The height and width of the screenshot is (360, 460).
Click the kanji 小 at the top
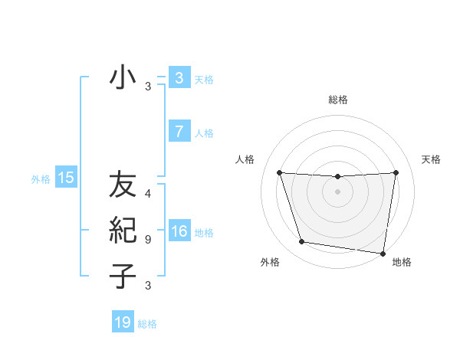pyautogui.click(x=123, y=78)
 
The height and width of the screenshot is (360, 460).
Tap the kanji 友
pyautogui.click(x=123, y=187)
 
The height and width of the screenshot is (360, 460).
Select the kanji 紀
pyautogui.click(x=123, y=231)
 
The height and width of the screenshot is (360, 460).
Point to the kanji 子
pyautogui.click(x=123, y=275)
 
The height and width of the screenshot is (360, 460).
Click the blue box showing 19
pyautogui.click(x=123, y=322)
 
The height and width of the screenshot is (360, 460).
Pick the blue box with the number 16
pyautogui.click(x=179, y=231)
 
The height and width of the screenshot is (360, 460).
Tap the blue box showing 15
pyautogui.click(x=66, y=178)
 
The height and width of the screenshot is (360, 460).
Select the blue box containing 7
pyautogui.click(x=179, y=132)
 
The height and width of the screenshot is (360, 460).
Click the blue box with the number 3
pyautogui.click(x=179, y=77)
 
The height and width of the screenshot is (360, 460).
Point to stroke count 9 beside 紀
pyautogui.click(x=148, y=240)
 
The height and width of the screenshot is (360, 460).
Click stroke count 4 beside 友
pyautogui.click(x=148, y=195)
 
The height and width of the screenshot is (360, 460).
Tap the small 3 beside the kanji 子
pyautogui.click(x=148, y=286)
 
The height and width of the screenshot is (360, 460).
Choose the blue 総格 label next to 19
pyautogui.click(x=147, y=324)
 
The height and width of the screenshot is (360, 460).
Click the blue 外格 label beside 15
pyautogui.click(x=41, y=179)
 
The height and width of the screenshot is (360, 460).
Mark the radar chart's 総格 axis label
pyautogui.click(x=338, y=100)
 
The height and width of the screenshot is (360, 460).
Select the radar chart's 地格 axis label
pyautogui.click(x=402, y=262)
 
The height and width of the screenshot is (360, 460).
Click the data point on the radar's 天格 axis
pyautogui.click(x=396, y=172)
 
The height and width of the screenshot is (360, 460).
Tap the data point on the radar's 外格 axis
pyautogui.click(x=302, y=242)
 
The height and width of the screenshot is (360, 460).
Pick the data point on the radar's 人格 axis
pyautogui.click(x=279, y=173)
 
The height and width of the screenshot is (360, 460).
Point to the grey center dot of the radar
pyautogui.click(x=337, y=191)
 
